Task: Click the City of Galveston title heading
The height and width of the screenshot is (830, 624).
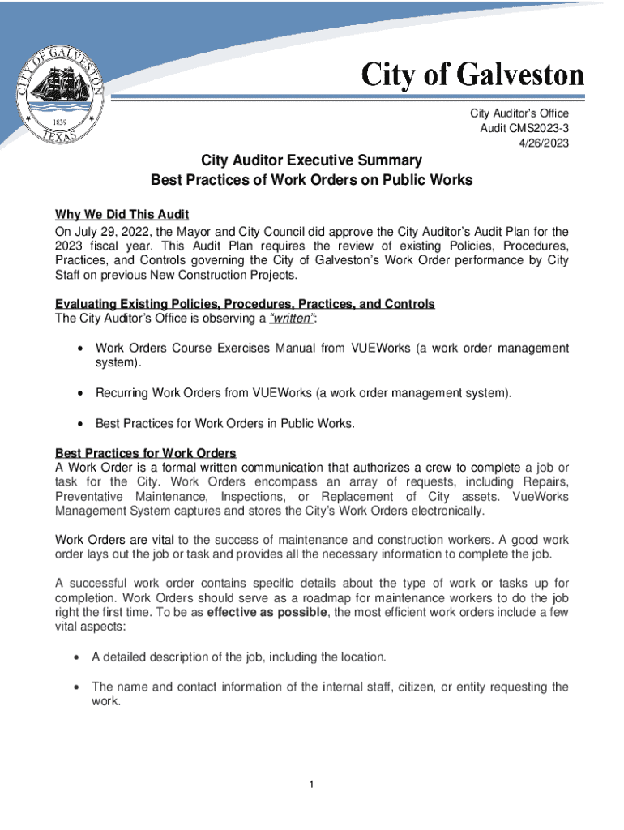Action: pos(472,75)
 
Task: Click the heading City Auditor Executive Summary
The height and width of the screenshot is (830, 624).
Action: pos(311,160)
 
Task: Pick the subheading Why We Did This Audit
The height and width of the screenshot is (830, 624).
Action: pos(122,215)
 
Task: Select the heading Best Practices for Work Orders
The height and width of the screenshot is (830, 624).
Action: pos(145,452)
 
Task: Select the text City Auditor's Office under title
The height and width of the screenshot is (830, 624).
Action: pos(519,113)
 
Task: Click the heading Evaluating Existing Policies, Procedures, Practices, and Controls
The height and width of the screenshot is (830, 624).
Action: pos(245,304)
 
